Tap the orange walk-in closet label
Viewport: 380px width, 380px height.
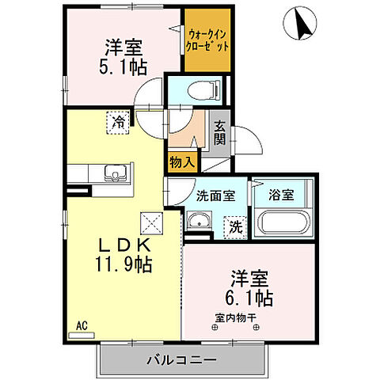[x=208, y=40]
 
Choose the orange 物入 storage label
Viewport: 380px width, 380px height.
[x=182, y=161]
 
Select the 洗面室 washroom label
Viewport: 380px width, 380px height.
[x=215, y=196]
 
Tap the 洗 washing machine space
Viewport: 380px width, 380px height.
[x=235, y=227]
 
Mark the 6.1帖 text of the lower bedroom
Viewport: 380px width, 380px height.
[x=252, y=299]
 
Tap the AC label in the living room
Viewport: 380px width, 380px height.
[x=82, y=325]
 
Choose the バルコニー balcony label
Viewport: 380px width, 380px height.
[x=181, y=360]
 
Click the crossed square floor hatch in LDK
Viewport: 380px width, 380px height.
[x=150, y=220]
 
